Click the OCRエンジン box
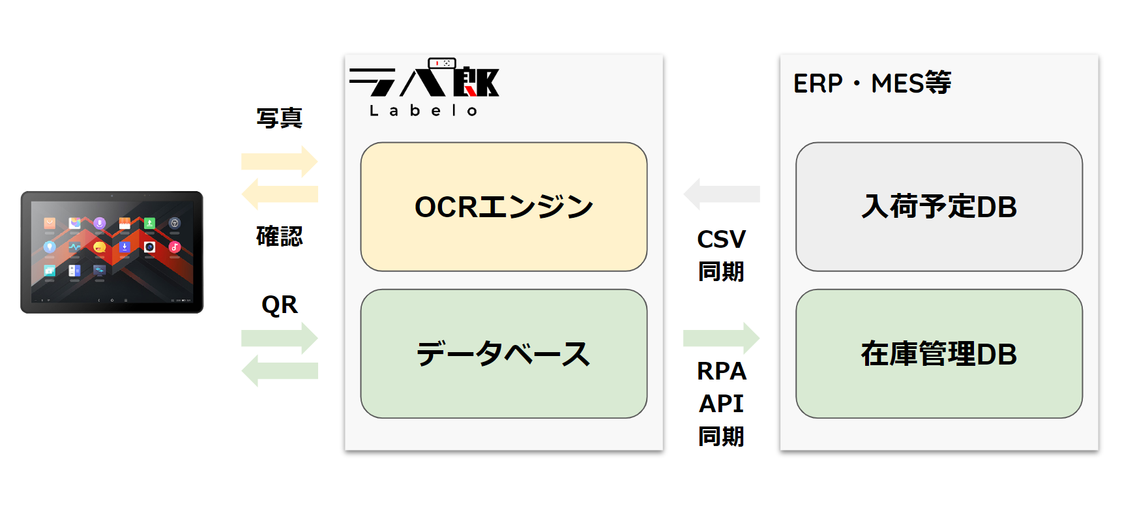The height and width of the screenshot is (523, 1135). (x=503, y=207)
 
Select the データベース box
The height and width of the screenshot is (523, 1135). (x=503, y=353)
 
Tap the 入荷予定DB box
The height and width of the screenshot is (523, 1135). (x=939, y=207)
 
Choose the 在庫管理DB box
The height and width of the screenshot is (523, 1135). (x=939, y=353)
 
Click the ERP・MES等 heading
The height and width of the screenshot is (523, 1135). (x=872, y=83)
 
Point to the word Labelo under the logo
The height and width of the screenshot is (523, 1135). (x=424, y=111)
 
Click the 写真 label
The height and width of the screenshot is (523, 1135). (x=279, y=118)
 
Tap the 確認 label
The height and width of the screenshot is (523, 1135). (x=279, y=236)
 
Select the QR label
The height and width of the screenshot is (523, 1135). (x=279, y=305)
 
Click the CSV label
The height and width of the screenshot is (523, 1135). (x=721, y=239)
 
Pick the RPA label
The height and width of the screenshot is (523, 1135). (x=721, y=371)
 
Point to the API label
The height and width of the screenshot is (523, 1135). (x=721, y=404)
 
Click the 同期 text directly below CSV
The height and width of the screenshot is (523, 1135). (x=721, y=271)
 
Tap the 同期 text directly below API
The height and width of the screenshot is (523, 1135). (x=721, y=436)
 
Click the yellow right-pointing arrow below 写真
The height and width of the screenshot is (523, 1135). (x=279, y=161)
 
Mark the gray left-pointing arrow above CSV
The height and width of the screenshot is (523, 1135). (x=721, y=194)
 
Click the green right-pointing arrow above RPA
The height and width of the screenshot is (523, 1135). (x=721, y=338)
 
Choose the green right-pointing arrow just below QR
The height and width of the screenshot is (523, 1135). (x=279, y=338)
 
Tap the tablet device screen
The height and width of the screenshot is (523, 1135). (x=112, y=252)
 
